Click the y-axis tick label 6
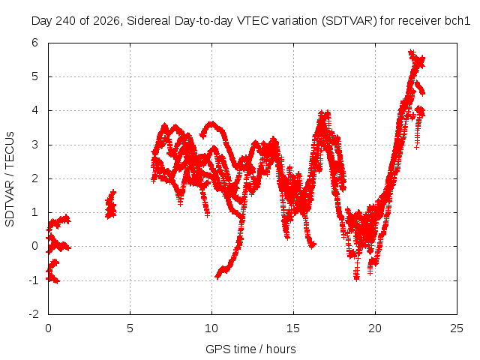click(x=34, y=43)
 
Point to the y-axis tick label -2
click(x=34, y=313)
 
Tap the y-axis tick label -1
click(x=34, y=280)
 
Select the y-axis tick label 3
click(x=34, y=145)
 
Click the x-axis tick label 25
click(x=457, y=328)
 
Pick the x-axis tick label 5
click(x=130, y=328)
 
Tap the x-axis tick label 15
click(x=293, y=328)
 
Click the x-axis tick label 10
click(x=211, y=328)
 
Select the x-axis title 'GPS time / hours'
click(x=250, y=349)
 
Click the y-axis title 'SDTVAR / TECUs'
click(x=10, y=179)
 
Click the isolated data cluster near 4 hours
click(x=111, y=204)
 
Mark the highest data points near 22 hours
click(x=411, y=52)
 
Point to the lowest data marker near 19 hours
click(x=356, y=277)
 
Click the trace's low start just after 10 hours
click(x=217, y=277)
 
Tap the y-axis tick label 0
click(x=34, y=246)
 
